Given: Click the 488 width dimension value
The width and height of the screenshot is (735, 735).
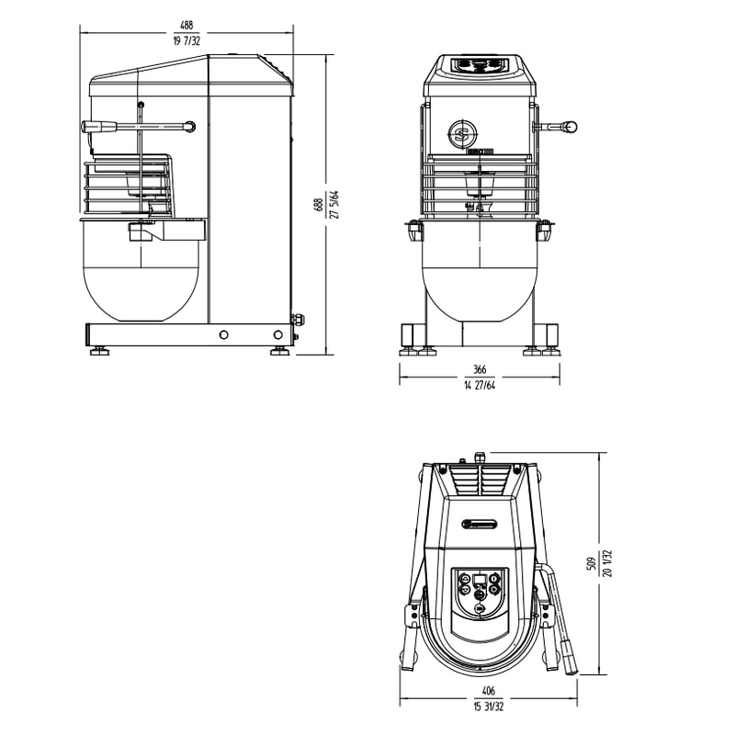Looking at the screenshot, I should [187, 28].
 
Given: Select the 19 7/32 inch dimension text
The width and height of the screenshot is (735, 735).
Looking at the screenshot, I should [187, 41].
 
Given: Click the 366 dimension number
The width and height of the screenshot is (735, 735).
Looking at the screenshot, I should [479, 369].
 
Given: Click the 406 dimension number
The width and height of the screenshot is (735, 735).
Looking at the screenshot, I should [488, 691].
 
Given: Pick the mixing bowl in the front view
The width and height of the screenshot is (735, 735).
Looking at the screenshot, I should [479, 280].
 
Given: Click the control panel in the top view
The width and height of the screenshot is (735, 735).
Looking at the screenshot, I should [479, 593].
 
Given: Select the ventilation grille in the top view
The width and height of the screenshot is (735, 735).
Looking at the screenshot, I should [479, 480].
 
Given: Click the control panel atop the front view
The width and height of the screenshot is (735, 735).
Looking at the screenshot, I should [479, 65].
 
